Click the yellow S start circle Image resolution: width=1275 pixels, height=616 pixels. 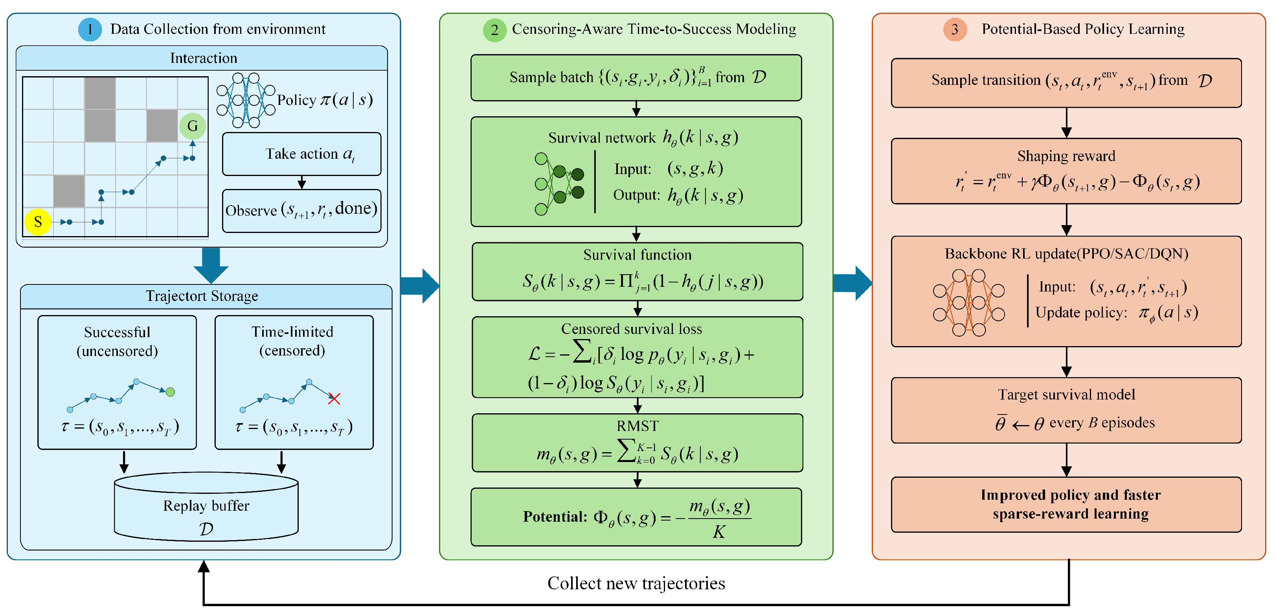38,222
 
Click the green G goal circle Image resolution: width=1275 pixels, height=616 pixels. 193,126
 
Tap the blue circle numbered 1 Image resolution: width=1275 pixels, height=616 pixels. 90,29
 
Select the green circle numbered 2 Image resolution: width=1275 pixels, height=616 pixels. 494,30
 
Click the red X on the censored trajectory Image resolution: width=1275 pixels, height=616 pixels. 334,399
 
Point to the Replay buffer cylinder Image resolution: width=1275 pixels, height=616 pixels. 206,506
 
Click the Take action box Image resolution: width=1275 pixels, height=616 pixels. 301,154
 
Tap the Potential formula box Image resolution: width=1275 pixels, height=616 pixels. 636,517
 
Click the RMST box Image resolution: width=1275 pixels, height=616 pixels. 637,443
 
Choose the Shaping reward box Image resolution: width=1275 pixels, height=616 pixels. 1066,171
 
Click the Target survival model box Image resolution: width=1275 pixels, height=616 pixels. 1066,410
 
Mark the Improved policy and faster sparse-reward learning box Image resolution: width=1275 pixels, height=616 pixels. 1066,505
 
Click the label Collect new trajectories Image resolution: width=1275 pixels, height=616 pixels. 636,583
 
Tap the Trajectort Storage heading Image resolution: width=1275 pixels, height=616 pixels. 202,296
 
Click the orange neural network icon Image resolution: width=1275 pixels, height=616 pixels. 968,303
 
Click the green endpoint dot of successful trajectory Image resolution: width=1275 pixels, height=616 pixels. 170,392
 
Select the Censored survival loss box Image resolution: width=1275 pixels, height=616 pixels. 637,357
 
